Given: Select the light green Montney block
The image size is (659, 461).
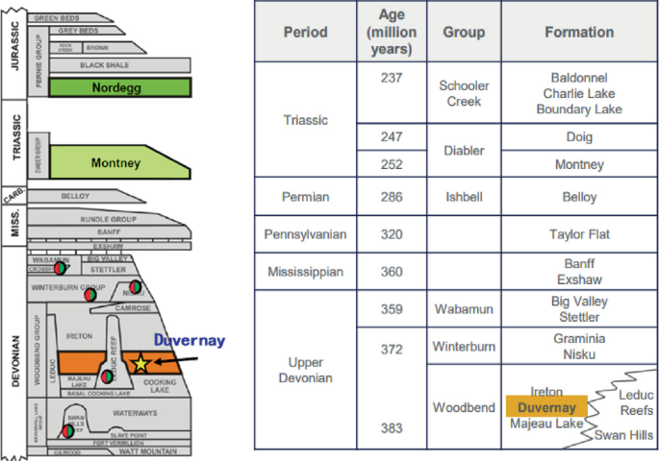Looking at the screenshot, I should coord(115,162).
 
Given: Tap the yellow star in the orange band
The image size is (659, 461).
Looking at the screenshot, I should coord(140,363).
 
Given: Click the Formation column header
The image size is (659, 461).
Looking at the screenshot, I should coord(578,32).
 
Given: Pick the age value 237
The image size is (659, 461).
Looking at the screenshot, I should coord(391,78).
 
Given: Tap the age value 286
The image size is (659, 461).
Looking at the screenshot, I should coord(391,196).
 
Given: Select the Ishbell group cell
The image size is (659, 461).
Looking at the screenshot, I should coord(464,197).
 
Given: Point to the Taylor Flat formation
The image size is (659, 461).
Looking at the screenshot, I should coord(579,234).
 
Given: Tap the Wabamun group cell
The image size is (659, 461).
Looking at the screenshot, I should coord(464,308).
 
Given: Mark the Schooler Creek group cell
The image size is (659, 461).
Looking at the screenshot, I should coord(464,93).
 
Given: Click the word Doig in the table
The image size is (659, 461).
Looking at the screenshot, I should coord(579,137).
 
